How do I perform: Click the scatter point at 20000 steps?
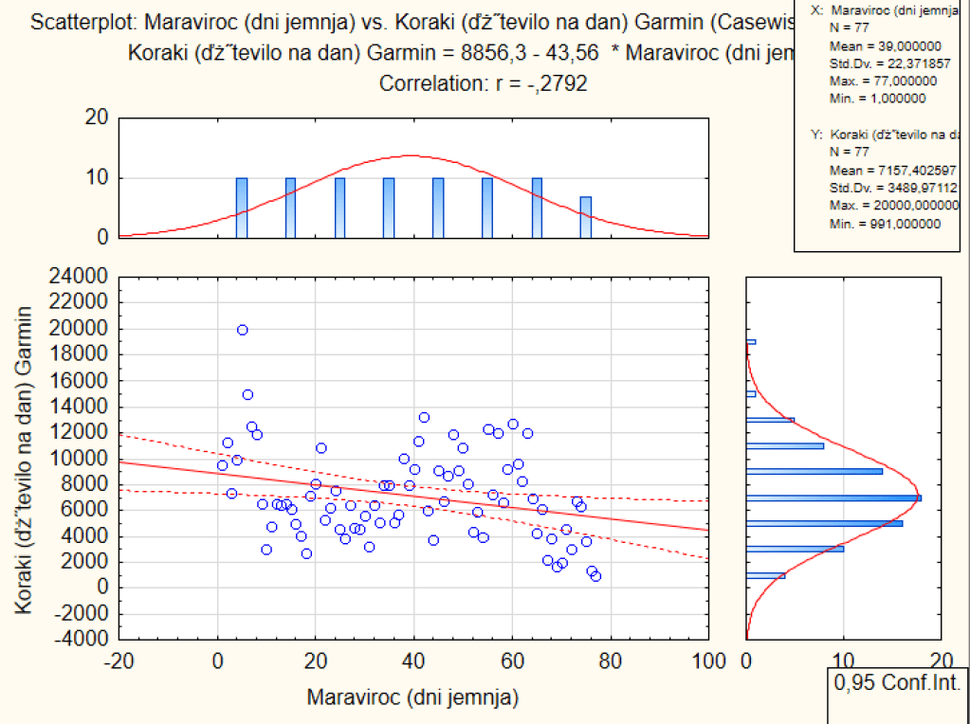coord(243,330)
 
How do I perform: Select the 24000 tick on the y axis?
coord(82,277)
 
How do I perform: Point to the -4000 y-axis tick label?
coord(82,639)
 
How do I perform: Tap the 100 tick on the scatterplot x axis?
coord(708,661)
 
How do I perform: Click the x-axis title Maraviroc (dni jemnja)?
coord(412,698)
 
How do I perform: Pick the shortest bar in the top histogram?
coord(586,218)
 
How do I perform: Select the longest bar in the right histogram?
coord(833,498)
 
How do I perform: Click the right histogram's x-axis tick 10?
coord(843,661)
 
